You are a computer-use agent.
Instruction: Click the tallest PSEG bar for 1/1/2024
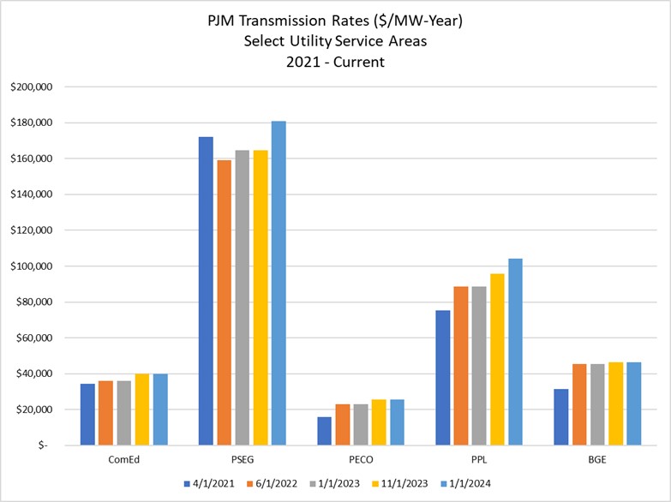tap(279, 283)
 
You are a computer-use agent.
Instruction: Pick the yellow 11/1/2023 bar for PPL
tap(497, 360)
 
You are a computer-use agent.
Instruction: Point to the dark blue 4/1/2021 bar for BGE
tap(560, 417)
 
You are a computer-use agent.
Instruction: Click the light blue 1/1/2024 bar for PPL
tap(515, 351)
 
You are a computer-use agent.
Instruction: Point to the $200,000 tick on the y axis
tap(32, 87)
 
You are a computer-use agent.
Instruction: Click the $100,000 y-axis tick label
tap(32, 266)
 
